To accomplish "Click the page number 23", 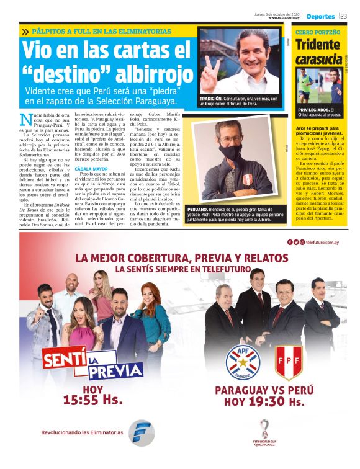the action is click(343, 16).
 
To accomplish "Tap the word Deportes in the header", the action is click(320, 16).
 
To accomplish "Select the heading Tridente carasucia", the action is click(318, 51).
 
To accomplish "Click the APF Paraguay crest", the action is click(243, 360).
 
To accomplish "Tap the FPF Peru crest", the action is click(288, 360).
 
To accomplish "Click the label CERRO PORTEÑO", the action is click(318, 31).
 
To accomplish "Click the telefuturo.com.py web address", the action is click(323, 242).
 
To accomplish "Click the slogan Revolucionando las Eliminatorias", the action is click(82, 432).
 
